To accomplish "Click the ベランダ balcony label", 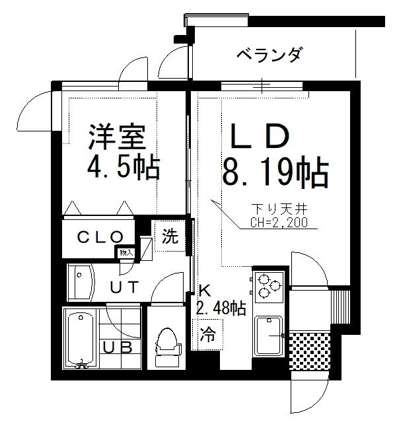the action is point(269,55).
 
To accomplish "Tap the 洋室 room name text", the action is point(116,137).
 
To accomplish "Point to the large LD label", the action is point(260,136).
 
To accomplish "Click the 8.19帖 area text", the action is point(275,173).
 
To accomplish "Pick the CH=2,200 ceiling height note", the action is point(279,222).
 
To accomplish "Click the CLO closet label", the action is point(100,237).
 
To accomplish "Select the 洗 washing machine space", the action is point(170,236).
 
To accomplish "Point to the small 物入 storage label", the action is point(126,253).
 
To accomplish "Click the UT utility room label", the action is point(124,287).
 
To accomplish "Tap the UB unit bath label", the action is point(118,347).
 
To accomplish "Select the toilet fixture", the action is point(167,347).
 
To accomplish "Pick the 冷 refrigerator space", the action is point(207,335).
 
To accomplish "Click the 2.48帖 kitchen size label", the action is point(221,308).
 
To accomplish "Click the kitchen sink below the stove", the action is point(269,336).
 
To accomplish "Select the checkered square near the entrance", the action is point(310,351).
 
